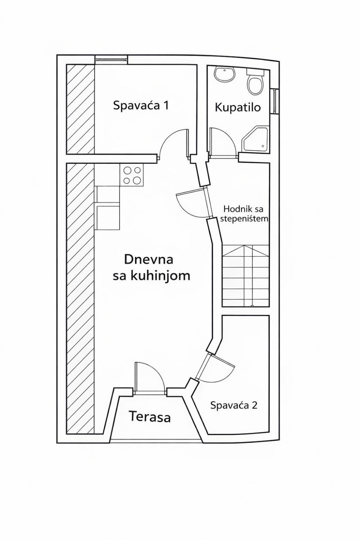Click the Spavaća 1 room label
point(141,105)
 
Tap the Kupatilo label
point(238,107)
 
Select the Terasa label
point(150,417)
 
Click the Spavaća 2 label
point(234,405)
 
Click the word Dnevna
point(149,259)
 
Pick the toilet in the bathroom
point(256,84)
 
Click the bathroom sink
point(225,75)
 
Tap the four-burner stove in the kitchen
point(132,175)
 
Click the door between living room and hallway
point(192,203)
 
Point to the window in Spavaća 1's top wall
point(111,59)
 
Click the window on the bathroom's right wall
point(275,101)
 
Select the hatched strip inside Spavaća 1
point(80,109)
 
